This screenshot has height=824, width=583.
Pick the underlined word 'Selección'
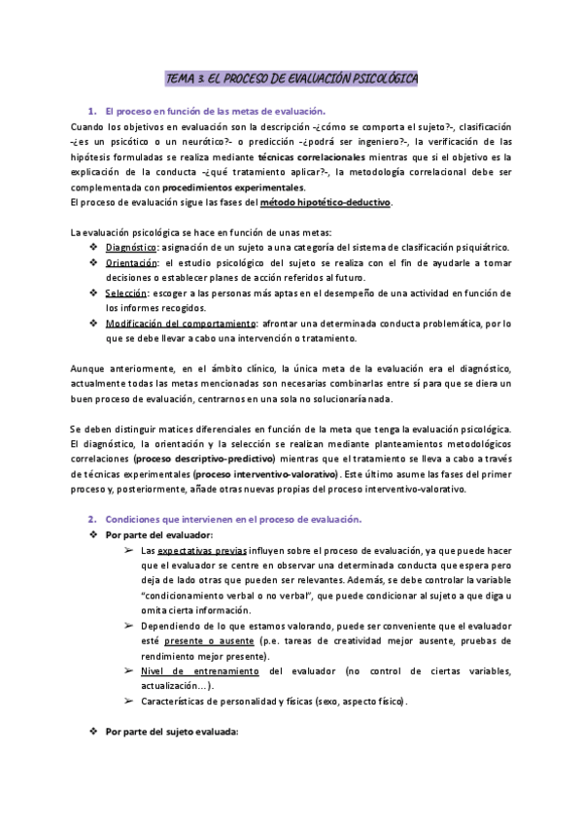[126, 293]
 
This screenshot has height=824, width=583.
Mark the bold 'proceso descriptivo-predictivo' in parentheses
[205, 459]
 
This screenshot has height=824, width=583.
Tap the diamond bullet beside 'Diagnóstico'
[93, 247]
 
